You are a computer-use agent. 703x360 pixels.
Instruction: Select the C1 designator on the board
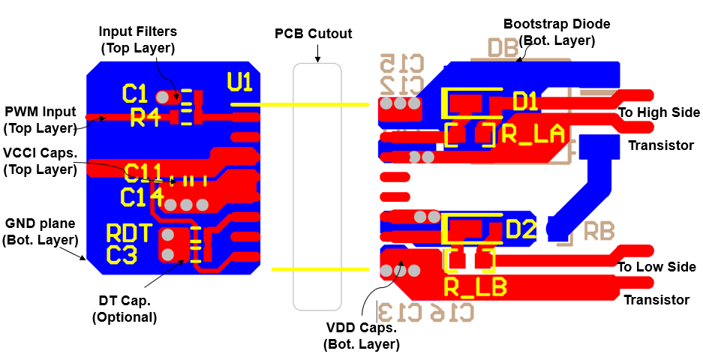point(135,94)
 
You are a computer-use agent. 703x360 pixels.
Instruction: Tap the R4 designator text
point(146,117)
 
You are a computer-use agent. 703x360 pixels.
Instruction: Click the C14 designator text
point(143,197)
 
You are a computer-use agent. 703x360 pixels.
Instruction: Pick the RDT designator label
point(129,232)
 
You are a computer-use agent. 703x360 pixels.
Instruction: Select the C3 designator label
point(122,255)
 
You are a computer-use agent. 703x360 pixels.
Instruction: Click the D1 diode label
point(525,100)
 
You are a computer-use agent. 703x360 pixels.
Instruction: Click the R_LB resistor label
point(475,286)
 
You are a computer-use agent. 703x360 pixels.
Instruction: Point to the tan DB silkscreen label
point(503,48)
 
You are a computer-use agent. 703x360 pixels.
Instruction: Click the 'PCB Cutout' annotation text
point(313,34)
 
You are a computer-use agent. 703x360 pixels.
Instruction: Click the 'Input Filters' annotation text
point(138,31)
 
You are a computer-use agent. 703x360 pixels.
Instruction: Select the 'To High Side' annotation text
point(659,112)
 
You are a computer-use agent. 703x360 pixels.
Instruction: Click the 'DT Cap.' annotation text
point(125,301)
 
